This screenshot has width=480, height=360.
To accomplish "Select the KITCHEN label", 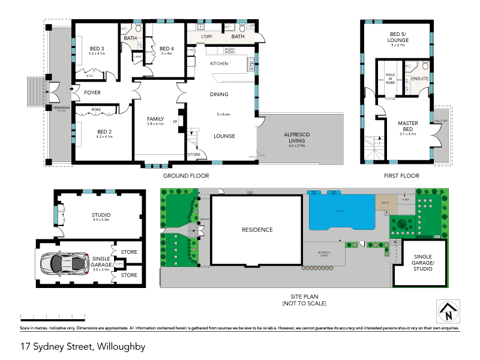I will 218,63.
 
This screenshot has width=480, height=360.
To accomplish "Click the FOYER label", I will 92,92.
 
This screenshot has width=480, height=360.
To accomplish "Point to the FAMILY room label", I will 155,119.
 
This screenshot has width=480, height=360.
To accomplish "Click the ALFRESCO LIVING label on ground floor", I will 296,136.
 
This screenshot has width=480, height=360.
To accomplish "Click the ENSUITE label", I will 419,79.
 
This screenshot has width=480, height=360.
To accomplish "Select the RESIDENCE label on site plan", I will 257,230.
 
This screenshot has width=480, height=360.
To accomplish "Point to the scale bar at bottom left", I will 53,315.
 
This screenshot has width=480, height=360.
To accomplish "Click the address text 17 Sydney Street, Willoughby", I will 83,346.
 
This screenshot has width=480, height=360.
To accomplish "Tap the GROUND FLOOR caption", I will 186,176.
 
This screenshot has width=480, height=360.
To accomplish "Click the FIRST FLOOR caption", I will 401,176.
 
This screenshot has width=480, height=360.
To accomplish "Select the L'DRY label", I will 208,37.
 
